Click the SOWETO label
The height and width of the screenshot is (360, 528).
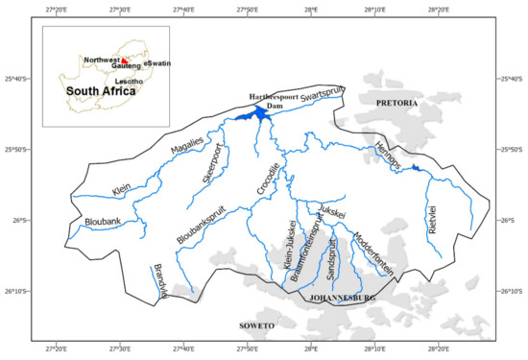click(257, 326)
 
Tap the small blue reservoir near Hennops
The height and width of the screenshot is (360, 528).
click(415, 170)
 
